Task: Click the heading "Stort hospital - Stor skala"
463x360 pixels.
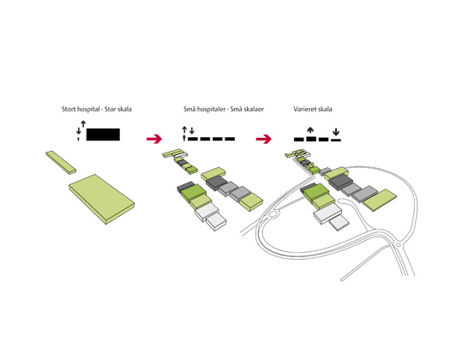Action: (97, 109)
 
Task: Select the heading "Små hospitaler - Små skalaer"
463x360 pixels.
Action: (224, 109)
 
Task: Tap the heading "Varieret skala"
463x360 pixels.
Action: (313, 109)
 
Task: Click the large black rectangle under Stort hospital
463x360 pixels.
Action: (103, 135)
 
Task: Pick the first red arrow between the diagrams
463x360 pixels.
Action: (154, 139)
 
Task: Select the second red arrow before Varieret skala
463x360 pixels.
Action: (264, 139)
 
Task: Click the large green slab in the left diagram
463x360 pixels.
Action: (102, 199)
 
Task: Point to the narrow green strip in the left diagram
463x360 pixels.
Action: (61, 163)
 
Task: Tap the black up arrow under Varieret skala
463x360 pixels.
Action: (310, 130)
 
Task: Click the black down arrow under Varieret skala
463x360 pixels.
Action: (336, 132)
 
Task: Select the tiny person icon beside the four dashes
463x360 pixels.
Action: (184, 137)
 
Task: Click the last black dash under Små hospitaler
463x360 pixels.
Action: (230, 139)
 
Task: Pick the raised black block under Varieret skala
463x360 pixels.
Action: (311, 139)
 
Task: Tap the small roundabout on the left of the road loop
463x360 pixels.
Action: (273, 213)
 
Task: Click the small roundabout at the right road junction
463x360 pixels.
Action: (399, 245)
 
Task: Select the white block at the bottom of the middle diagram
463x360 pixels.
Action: (216, 221)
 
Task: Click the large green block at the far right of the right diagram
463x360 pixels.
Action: (380, 201)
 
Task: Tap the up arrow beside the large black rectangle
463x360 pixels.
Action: (83, 124)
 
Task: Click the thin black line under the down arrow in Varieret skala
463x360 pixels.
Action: (336, 140)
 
